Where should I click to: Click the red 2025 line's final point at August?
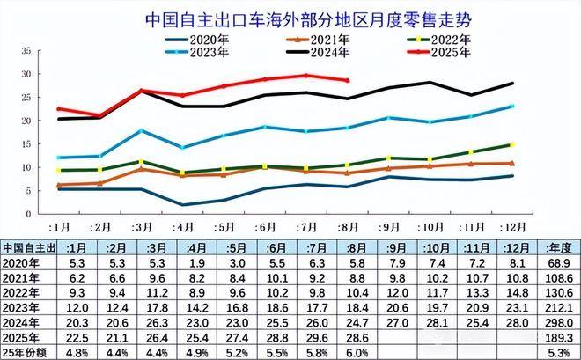pos(348,80)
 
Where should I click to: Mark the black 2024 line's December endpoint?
pos(511,84)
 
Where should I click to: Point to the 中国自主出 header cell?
pos(32,246)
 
